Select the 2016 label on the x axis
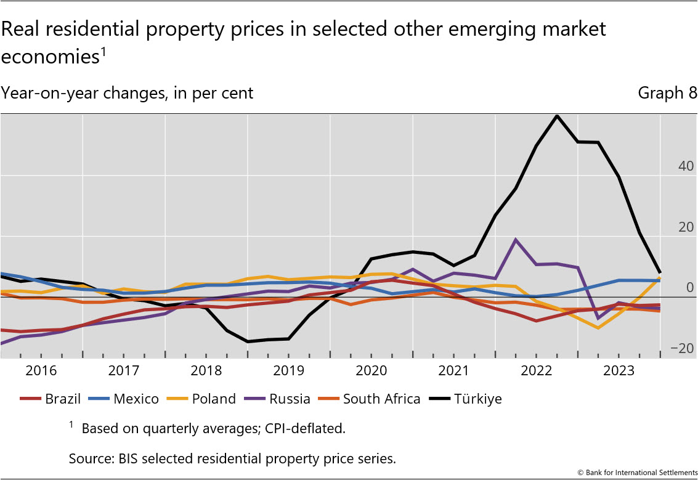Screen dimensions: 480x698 pyautogui.click(x=41, y=371)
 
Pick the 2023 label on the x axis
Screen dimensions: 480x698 pyautogui.click(x=619, y=371)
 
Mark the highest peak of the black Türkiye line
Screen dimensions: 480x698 pyautogui.click(x=557, y=115)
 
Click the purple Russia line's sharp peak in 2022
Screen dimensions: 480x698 pyautogui.click(x=516, y=240)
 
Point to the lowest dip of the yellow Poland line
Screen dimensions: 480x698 pyautogui.click(x=598, y=328)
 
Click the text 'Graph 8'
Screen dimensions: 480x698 pyautogui.click(x=667, y=93)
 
